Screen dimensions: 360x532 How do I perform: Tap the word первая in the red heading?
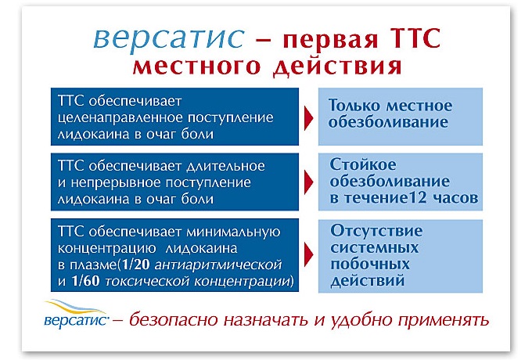pos(321,41)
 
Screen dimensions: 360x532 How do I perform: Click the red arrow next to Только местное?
pos(308,117)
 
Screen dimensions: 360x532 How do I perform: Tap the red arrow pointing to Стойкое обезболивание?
pos(308,182)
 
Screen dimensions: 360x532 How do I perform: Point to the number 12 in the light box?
pos(425,197)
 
